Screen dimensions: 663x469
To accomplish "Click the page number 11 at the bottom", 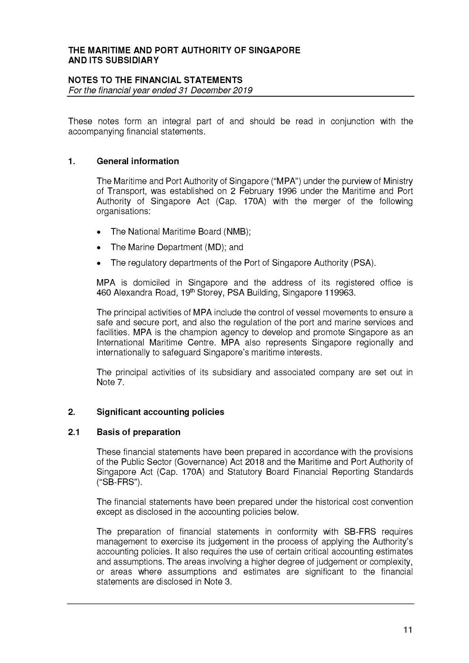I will pos(408,630).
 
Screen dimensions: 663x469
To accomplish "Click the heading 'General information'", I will pos(138,161).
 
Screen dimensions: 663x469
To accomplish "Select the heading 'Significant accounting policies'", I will pos(160,412).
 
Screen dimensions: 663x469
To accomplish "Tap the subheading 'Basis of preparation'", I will pos(138,432).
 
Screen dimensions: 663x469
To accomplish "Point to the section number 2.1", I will pos(74,432).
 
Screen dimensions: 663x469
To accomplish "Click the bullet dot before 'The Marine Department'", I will pos(101,248).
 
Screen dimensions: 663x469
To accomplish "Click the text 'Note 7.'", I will pos(110,382).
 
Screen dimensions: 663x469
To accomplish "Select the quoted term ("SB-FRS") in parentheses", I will pos(119,482).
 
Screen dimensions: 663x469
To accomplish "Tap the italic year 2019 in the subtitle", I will pos(242,91).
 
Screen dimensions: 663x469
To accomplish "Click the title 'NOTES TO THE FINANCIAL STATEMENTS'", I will pos(155,80).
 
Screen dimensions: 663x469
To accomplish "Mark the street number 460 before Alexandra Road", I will pos(104,293).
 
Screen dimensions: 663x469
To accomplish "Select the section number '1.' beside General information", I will pos(71,161).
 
